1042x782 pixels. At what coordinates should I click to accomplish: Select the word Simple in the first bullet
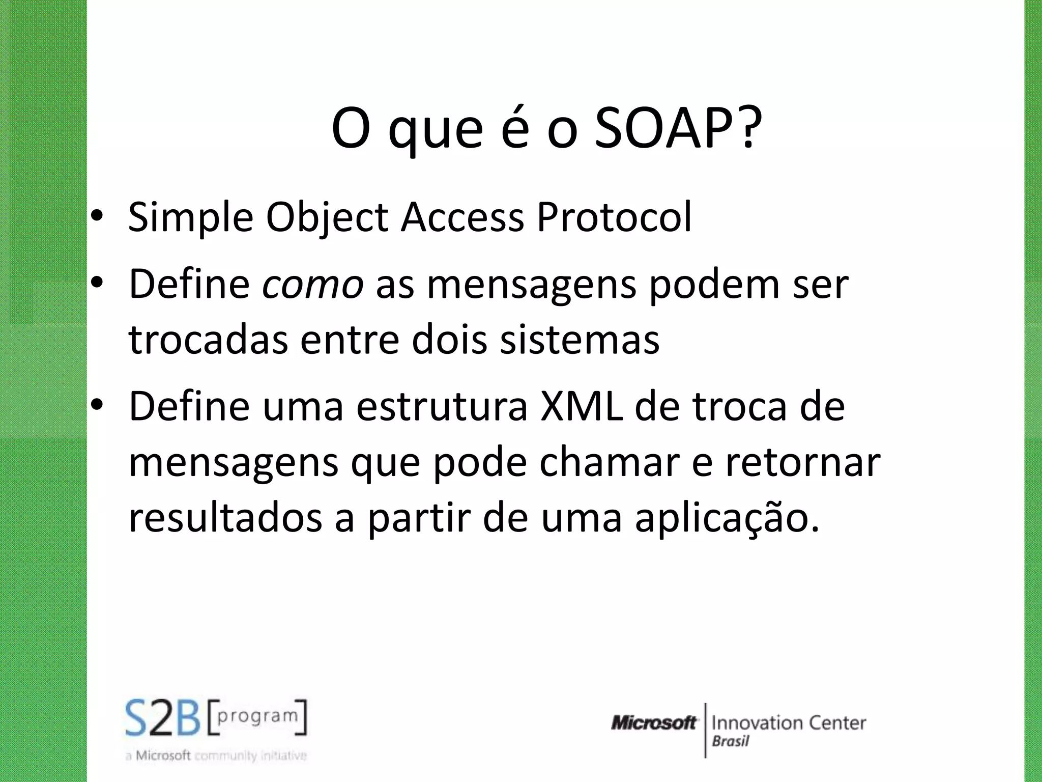pyautogui.click(x=190, y=218)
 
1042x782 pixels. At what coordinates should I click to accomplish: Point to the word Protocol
pyautogui.click(x=614, y=218)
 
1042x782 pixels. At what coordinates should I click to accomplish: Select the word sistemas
pyautogui.click(x=580, y=340)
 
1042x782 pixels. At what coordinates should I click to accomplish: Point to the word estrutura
pyautogui.click(x=442, y=407)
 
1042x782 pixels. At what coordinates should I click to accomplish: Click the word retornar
pyautogui.click(x=802, y=462)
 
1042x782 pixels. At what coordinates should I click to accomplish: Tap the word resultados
pyautogui.click(x=225, y=518)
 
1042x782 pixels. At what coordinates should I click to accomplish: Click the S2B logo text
pyautogui.click(x=163, y=718)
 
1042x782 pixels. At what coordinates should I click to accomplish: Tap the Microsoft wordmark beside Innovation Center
pyautogui.click(x=654, y=722)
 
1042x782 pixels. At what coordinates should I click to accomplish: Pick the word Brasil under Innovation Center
pyautogui.click(x=730, y=741)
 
